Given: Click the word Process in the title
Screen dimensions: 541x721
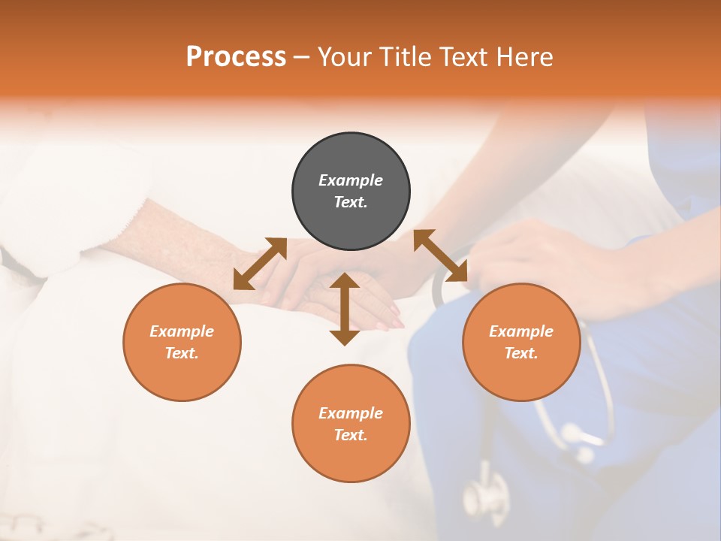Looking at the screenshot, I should click(236, 57).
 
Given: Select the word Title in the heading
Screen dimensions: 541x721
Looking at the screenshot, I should click(406, 57).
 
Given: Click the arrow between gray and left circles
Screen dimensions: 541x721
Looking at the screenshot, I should click(260, 264).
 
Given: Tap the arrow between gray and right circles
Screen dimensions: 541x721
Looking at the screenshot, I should click(441, 255).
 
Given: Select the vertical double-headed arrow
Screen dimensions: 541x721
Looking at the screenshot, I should click(345, 309).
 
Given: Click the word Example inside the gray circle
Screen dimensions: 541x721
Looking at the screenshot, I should click(351, 180).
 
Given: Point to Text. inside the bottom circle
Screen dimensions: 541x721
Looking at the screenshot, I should click(351, 435).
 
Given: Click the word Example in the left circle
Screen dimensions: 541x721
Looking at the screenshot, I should click(182, 331).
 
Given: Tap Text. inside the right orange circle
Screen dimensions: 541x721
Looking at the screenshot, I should click(521, 353).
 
